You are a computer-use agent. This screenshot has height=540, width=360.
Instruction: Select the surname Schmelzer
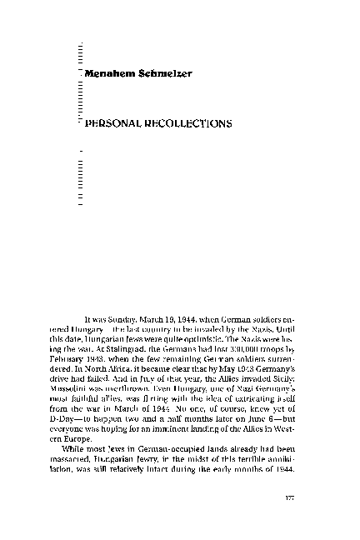[167, 75]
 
